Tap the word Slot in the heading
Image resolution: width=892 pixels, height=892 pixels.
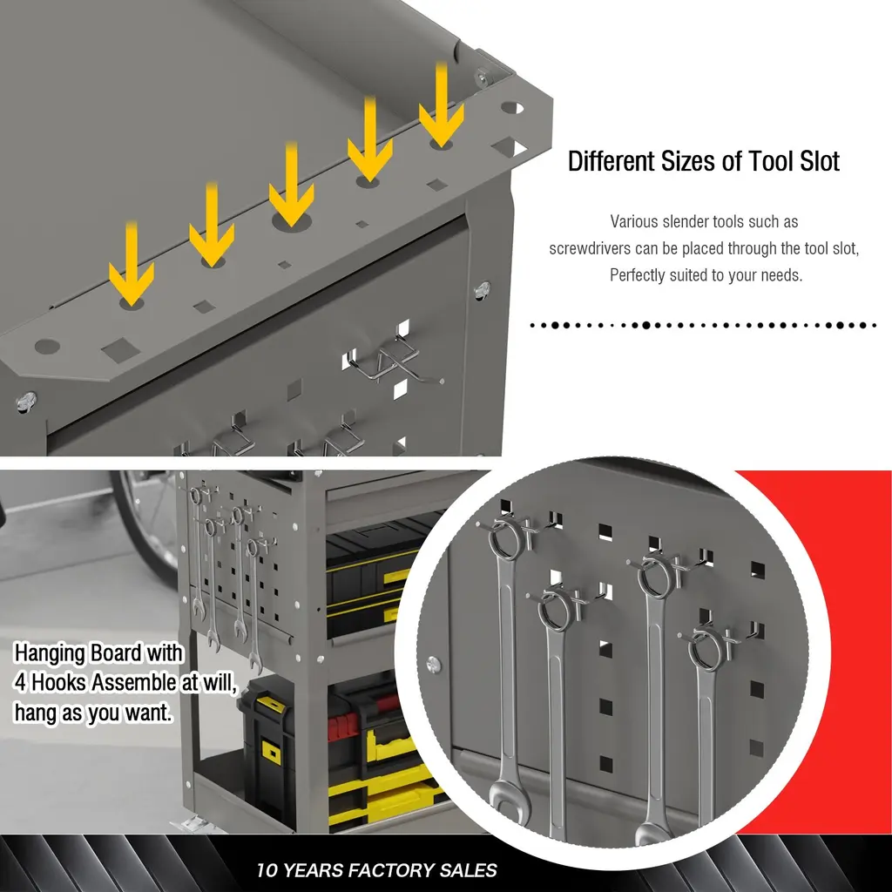820,161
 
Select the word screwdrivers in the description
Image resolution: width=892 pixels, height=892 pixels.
590,248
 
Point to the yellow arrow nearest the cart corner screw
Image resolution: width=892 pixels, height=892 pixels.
442,105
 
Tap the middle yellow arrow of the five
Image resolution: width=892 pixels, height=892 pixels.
291,185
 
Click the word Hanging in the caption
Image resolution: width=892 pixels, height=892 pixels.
49,653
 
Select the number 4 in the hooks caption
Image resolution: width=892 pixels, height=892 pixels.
21,683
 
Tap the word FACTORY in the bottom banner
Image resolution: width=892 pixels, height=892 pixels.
383,870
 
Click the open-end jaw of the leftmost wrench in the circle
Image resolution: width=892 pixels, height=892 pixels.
510,797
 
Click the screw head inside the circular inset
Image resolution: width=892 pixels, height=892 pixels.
434,664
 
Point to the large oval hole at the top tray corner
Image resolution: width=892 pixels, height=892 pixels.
512,107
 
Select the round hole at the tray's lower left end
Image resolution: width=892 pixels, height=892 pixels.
47,346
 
